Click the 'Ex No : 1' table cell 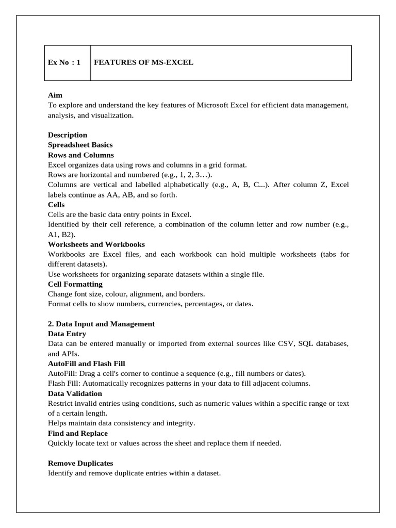[64, 63]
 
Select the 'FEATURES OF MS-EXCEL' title [143, 63]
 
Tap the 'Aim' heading [55, 95]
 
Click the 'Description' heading [68, 135]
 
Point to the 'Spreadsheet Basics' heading [80, 145]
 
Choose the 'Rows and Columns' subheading [81, 155]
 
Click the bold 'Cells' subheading [56, 205]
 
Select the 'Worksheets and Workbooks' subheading [96, 244]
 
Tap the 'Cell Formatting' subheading [75, 284]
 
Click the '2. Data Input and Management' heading [101, 324]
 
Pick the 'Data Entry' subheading [67, 334]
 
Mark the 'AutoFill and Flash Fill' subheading [87, 364]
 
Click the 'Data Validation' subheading [74, 393]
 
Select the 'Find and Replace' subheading [78, 433]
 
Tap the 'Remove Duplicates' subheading [80, 463]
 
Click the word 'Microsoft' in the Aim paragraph [211, 106]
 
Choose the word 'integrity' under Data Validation [181, 423]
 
